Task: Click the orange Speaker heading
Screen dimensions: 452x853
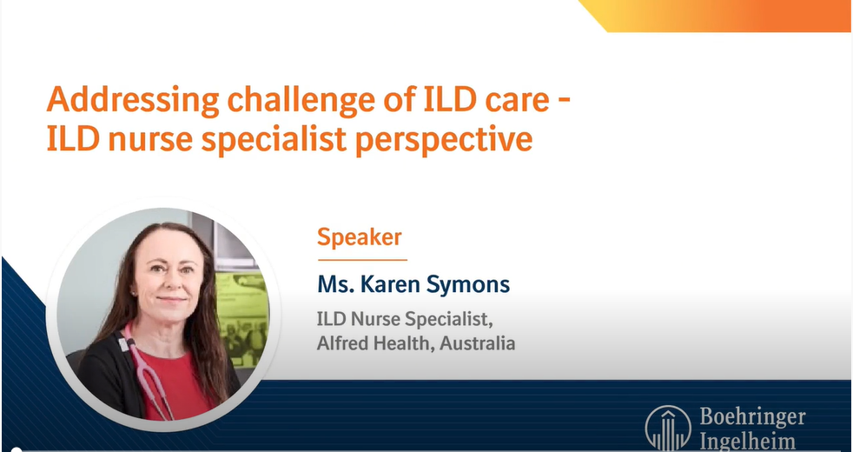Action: point(360,236)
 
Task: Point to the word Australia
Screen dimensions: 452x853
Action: point(477,343)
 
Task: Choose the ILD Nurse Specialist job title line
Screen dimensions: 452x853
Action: point(406,319)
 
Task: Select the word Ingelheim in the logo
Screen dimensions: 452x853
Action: point(747,441)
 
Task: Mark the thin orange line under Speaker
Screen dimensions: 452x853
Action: point(361,259)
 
